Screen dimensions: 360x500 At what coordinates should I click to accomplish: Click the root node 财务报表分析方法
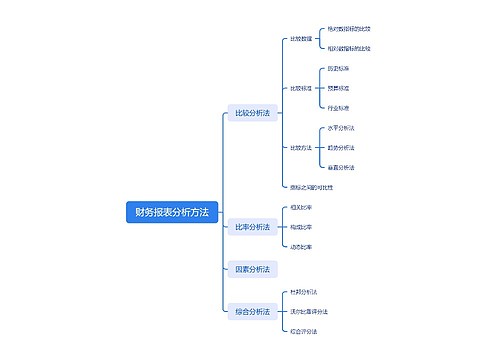[x=172, y=212]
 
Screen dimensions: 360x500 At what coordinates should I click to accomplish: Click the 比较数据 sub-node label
[x=300, y=39]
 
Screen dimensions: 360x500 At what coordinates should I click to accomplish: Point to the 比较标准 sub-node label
[x=300, y=88]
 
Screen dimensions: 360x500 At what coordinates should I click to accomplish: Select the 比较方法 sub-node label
[x=300, y=148]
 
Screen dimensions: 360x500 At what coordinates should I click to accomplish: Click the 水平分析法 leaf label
[x=341, y=129]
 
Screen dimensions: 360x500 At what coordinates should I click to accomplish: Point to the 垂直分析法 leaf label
[x=341, y=167]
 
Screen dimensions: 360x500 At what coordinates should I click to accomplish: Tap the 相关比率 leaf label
[x=300, y=208]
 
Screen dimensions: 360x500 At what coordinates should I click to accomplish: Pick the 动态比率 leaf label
[x=300, y=246]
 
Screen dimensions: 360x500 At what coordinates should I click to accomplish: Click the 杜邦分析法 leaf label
[x=303, y=291]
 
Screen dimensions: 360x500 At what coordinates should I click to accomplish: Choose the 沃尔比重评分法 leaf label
[x=308, y=311]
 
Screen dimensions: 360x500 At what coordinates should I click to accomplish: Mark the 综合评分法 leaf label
[x=303, y=330]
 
